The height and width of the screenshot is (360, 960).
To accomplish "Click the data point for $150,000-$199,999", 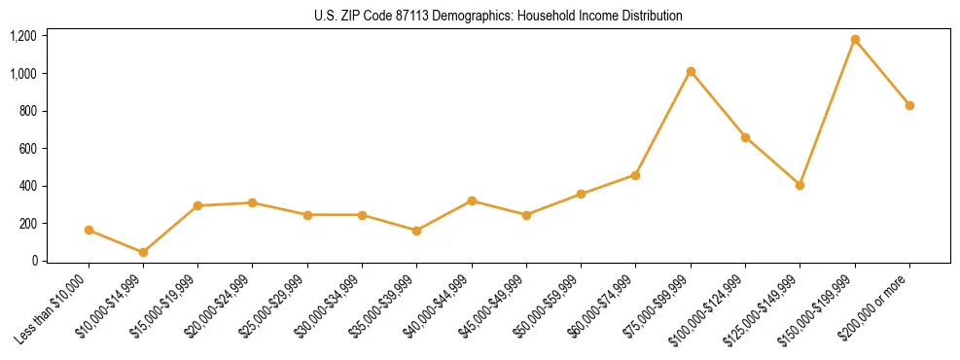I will pyautogui.click(x=855, y=40).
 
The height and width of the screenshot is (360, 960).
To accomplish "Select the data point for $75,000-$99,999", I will pyautogui.click(x=691, y=71).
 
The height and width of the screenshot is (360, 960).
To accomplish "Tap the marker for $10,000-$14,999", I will pyautogui.click(x=143, y=252).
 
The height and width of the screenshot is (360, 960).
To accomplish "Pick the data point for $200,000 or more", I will pyautogui.click(x=909, y=105).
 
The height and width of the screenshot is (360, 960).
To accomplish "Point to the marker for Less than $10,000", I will pyautogui.click(x=89, y=231).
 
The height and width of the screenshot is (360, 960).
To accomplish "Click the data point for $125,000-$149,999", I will pyautogui.click(x=800, y=185).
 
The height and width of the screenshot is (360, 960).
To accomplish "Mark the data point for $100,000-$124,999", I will pyautogui.click(x=745, y=137).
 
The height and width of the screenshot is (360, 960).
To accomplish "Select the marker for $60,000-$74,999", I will pyautogui.click(x=635, y=175).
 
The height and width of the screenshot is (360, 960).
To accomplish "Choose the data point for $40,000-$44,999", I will pyautogui.click(x=472, y=200).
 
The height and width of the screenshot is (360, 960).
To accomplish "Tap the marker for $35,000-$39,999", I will pyautogui.click(x=416, y=231).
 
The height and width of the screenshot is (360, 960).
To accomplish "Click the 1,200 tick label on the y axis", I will pyautogui.click(x=23, y=36).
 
